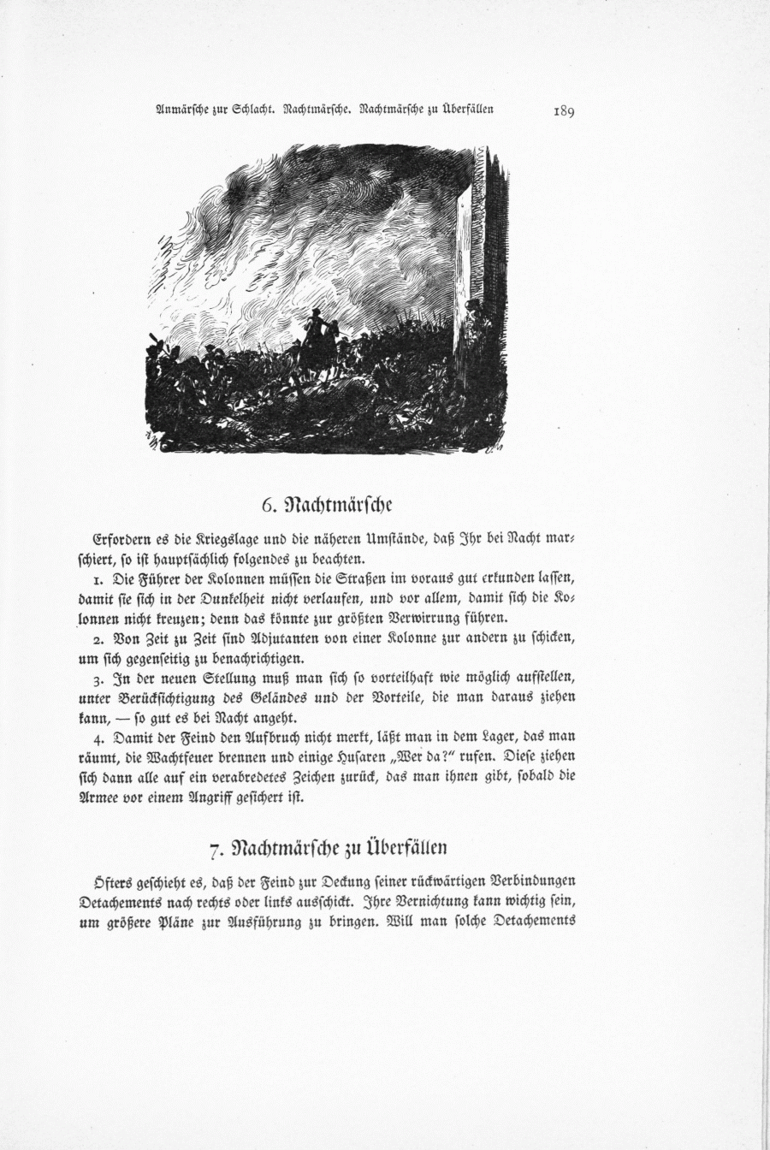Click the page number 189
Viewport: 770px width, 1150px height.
[565, 110]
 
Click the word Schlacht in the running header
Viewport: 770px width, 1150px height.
[247, 110]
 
